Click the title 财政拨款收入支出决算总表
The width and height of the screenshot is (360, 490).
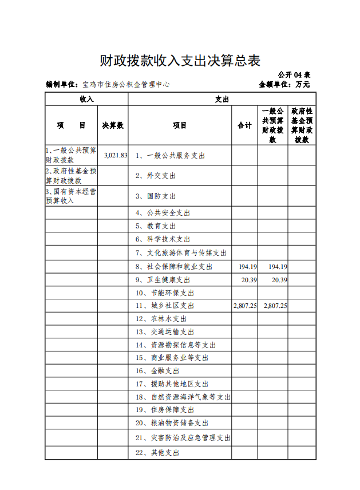[180, 61]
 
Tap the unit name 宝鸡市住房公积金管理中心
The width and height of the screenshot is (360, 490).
[126, 85]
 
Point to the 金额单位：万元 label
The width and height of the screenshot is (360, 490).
[284, 85]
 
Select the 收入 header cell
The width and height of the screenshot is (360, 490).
[86, 99]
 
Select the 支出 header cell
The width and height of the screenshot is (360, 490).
[221, 99]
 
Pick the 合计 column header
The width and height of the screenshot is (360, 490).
[244, 125]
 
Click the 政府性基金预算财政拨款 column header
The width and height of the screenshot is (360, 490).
[302, 125]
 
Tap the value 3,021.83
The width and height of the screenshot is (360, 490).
[116, 156]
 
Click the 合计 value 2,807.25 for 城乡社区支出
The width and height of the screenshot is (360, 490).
[246, 306]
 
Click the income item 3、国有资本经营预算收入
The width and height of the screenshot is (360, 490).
[70, 196]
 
